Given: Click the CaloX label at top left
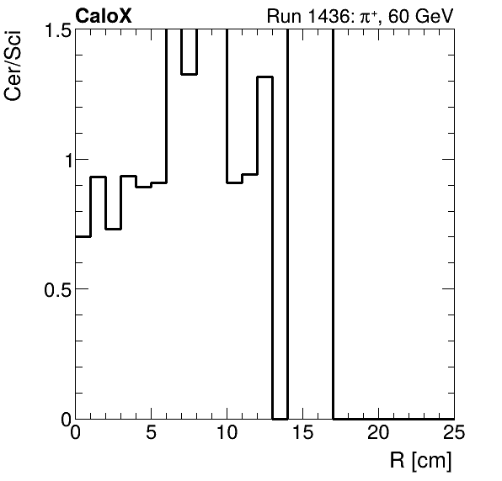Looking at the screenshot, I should (103, 15).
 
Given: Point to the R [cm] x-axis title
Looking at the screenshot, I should (419, 461).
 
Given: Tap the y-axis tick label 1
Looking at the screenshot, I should (61, 160).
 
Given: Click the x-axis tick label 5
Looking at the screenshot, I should (152, 433).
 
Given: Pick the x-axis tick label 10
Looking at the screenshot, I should (227, 433).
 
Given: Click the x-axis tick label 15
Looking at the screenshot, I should (303, 433).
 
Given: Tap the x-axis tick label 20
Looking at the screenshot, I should (379, 433).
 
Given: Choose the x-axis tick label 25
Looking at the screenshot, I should (454, 433).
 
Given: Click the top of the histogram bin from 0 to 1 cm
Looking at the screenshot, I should (83, 236).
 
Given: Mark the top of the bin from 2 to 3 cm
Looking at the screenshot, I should (114, 229).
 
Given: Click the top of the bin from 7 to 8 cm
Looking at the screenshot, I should (190, 74).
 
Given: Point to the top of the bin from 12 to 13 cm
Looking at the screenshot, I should (265, 77).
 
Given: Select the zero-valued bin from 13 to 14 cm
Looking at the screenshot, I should (280, 418).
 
